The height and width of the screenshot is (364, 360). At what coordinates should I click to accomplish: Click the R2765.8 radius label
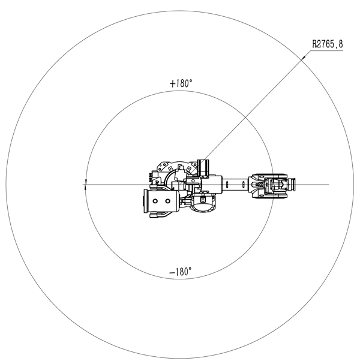coord(328,44)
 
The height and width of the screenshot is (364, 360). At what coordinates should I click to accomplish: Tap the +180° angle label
coord(181,83)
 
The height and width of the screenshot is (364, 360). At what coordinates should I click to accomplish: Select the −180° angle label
coord(181,272)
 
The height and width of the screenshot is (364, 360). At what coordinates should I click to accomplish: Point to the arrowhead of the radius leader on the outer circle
coord(304,58)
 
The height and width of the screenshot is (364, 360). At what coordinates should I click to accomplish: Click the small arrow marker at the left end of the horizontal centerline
coord(86,185)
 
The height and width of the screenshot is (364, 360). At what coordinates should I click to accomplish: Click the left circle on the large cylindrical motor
coord(155,201)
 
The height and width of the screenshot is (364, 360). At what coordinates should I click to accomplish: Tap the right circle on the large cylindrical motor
coord(167,201)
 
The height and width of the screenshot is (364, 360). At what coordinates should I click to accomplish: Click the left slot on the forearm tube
coord(227,185)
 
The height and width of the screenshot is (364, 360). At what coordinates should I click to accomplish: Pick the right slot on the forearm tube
coord(244,185)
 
